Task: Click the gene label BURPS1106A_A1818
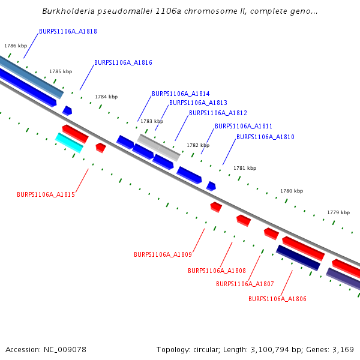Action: click(x=68, y=31)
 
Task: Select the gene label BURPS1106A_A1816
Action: click(x=123, y=62)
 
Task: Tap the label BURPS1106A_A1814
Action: click(x=181, y=94)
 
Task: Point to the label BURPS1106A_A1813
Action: click(x=198, y=103)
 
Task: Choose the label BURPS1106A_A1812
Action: click(x=218, y=113)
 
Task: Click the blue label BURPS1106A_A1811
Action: click(x=244, y=126)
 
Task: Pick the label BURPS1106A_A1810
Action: click(x=265, y=137)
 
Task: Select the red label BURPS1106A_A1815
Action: click(x=46, y=194)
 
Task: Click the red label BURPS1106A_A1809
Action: click(x=163, y=254)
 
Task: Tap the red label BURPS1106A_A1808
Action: click(x=217, y=271)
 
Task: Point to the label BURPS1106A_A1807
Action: click(x=245, y=284)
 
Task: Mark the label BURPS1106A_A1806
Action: click(x=277, y=299)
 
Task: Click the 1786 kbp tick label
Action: click(x=16, y=46)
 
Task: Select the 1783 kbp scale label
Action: click(x=152, y=121)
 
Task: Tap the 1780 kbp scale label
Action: click(x=292, y=191)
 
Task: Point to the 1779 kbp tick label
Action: click(x=338, y=212)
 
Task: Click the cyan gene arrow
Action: click(x=69, y=143)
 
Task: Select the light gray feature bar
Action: click(x=158, y=147)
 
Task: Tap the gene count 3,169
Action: click(x=341, y=349)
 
